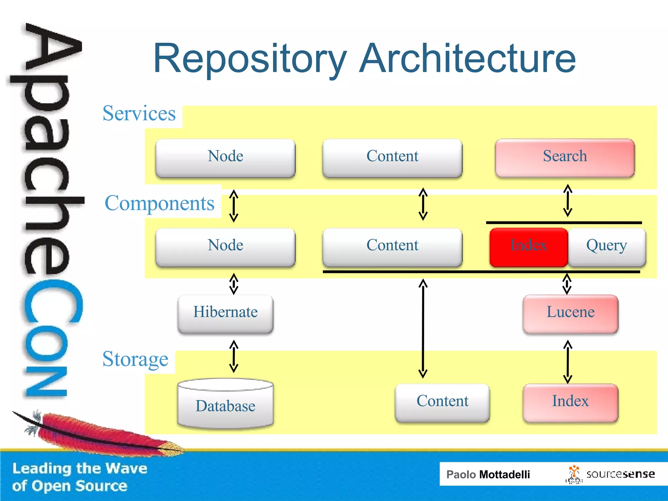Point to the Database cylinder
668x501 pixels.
(225, 404)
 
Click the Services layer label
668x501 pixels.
(139, 114)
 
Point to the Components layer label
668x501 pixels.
(159, 203)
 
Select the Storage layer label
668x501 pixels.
(135, 359)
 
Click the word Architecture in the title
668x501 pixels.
(467, 59)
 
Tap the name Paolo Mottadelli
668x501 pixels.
(488, 474)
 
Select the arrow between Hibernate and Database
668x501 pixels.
(234, 356)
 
